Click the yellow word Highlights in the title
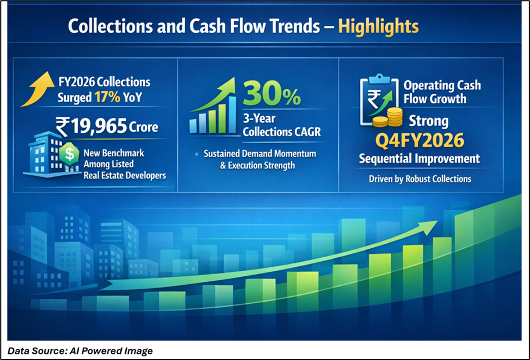point(378,27)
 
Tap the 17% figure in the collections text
point(107,97)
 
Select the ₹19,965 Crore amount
point(107,126)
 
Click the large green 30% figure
point(272,93)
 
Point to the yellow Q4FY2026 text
point(420,140)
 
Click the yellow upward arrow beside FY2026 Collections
point(38,89)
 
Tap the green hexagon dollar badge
point(69,153)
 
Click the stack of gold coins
point(388,117)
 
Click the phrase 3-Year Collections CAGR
point(282,125)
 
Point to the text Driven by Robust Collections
point(420,179)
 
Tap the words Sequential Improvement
point(419,158)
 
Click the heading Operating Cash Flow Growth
point(442,92)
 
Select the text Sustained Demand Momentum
point(260,154)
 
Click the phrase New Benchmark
point(114,153)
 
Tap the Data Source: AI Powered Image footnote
point(80,351)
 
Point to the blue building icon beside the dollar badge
point(45,154)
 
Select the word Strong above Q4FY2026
point(428,121)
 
